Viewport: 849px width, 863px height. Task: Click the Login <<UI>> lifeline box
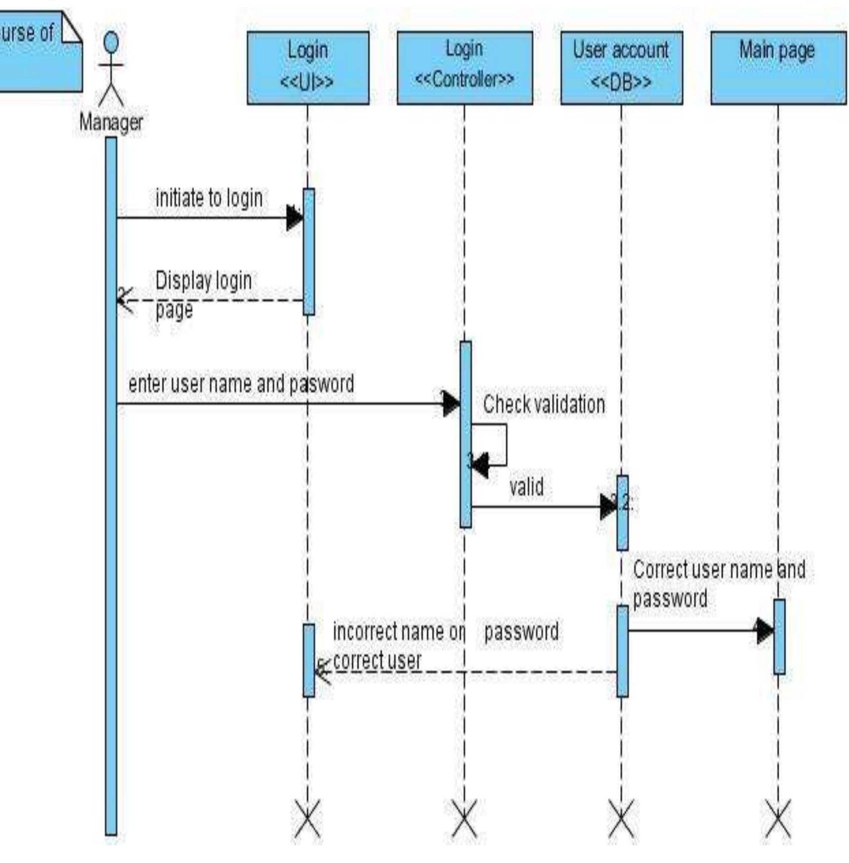pyautogui.click(x=307, y=68)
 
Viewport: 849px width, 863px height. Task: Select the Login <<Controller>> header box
pyautogui.click(x=464, y=68)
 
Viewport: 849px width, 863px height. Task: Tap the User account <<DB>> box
pyautogui.click(x=621, y=68)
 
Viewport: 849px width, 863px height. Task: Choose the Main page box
pyautogui.click(x=778, y=68)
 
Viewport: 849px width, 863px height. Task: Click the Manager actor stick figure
pyautogui.click(x=111, y=69)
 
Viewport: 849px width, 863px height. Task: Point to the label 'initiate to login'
pyautogui.click(x=209, y=198)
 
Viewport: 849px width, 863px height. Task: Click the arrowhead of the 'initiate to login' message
pyautogui.click(x=295, y=218)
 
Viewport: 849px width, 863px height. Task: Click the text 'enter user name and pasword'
pyautogui.click(x=241, y=384)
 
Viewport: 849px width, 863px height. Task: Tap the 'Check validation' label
pyautogui.click(x=544, y=405)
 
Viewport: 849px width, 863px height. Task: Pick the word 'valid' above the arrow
pyautogui.click(x=526, y=487)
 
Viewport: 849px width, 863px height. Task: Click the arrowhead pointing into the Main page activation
pyautogui.click(x=764, y=631)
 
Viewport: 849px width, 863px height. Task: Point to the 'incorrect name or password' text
pyautogui.click(x=445, y=633)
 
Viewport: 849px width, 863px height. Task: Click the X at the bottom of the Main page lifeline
pyautogui.click(x=778, y=819)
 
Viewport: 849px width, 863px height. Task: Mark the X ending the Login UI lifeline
pyautogui.click(x=307, y=819)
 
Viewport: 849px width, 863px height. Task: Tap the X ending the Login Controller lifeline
pyautogui.click(x=464, y=819)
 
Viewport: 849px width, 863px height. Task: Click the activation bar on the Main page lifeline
pyautogui.click(x=779, y=637)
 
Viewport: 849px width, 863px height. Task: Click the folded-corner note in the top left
pyautogui.click(x=37, y=52)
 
